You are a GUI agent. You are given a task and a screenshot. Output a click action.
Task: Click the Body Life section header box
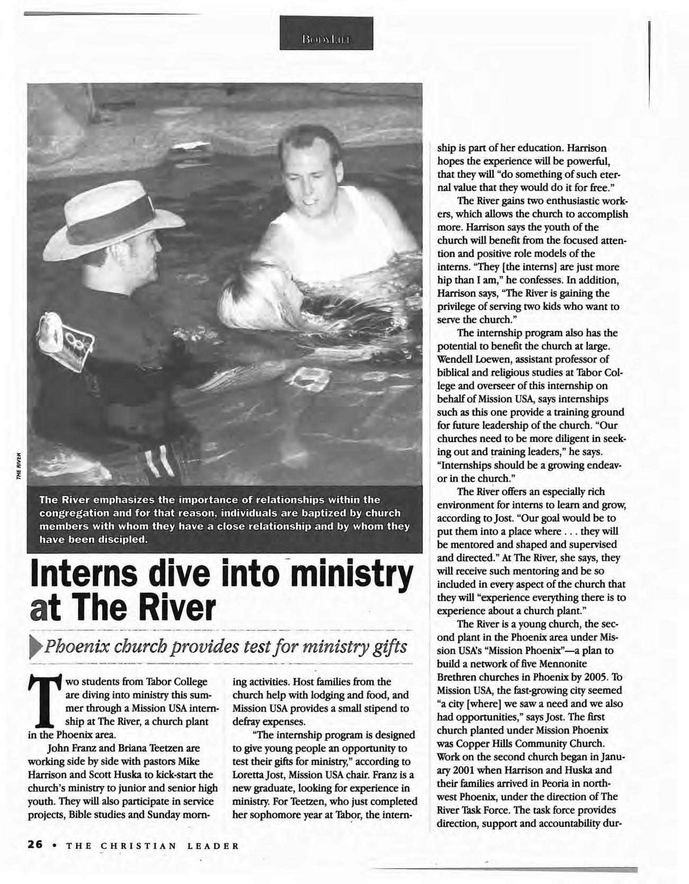326,33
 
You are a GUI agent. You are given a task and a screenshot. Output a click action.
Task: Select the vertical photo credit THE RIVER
19,466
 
